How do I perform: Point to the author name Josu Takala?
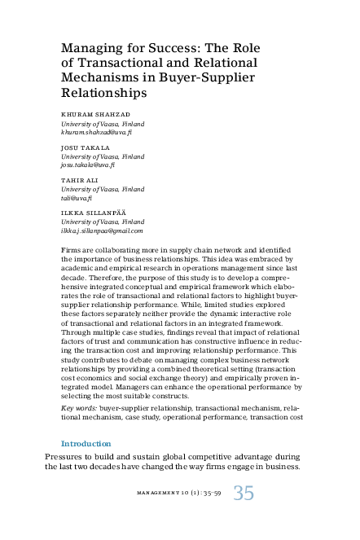click(x=85, y=147)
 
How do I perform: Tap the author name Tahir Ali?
click(x=81, y=180)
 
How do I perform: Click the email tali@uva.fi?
click(x=78, y=197)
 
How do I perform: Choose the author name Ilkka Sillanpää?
click(x=90, y=213)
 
